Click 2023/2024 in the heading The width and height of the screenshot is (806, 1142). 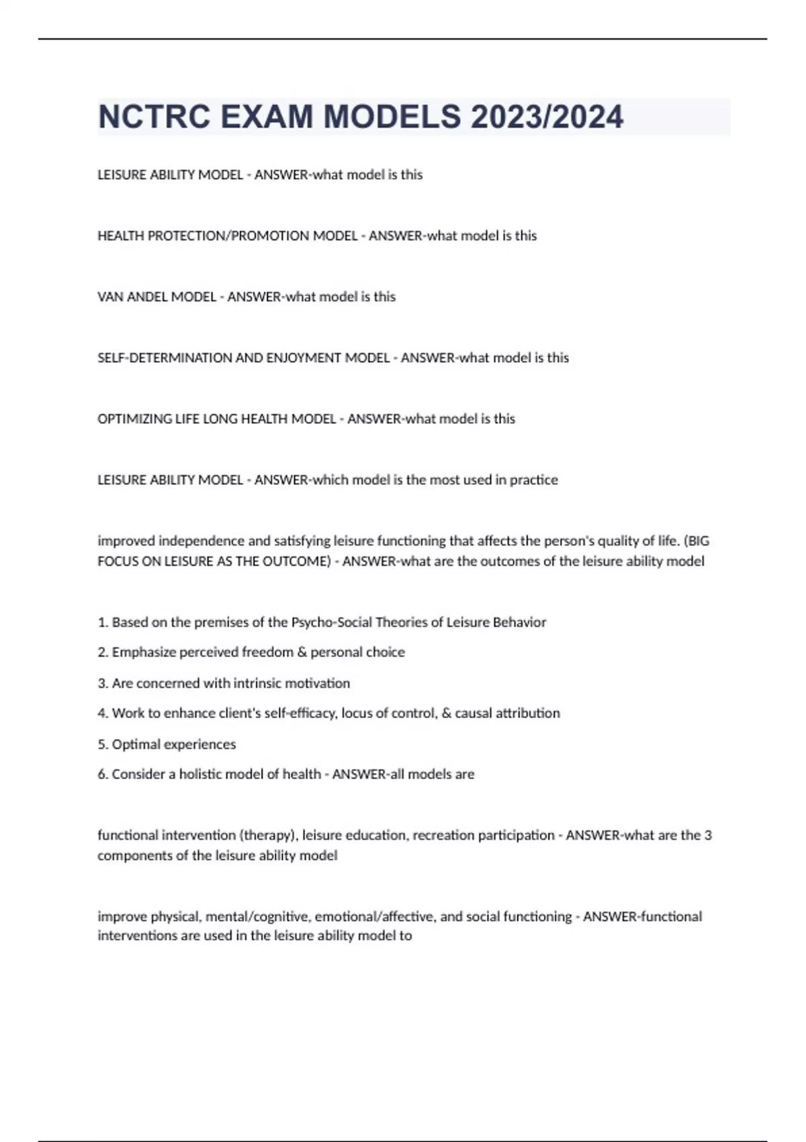(547, 117)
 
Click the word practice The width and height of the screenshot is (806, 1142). (533, 480)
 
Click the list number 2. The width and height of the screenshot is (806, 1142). (102, 652)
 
